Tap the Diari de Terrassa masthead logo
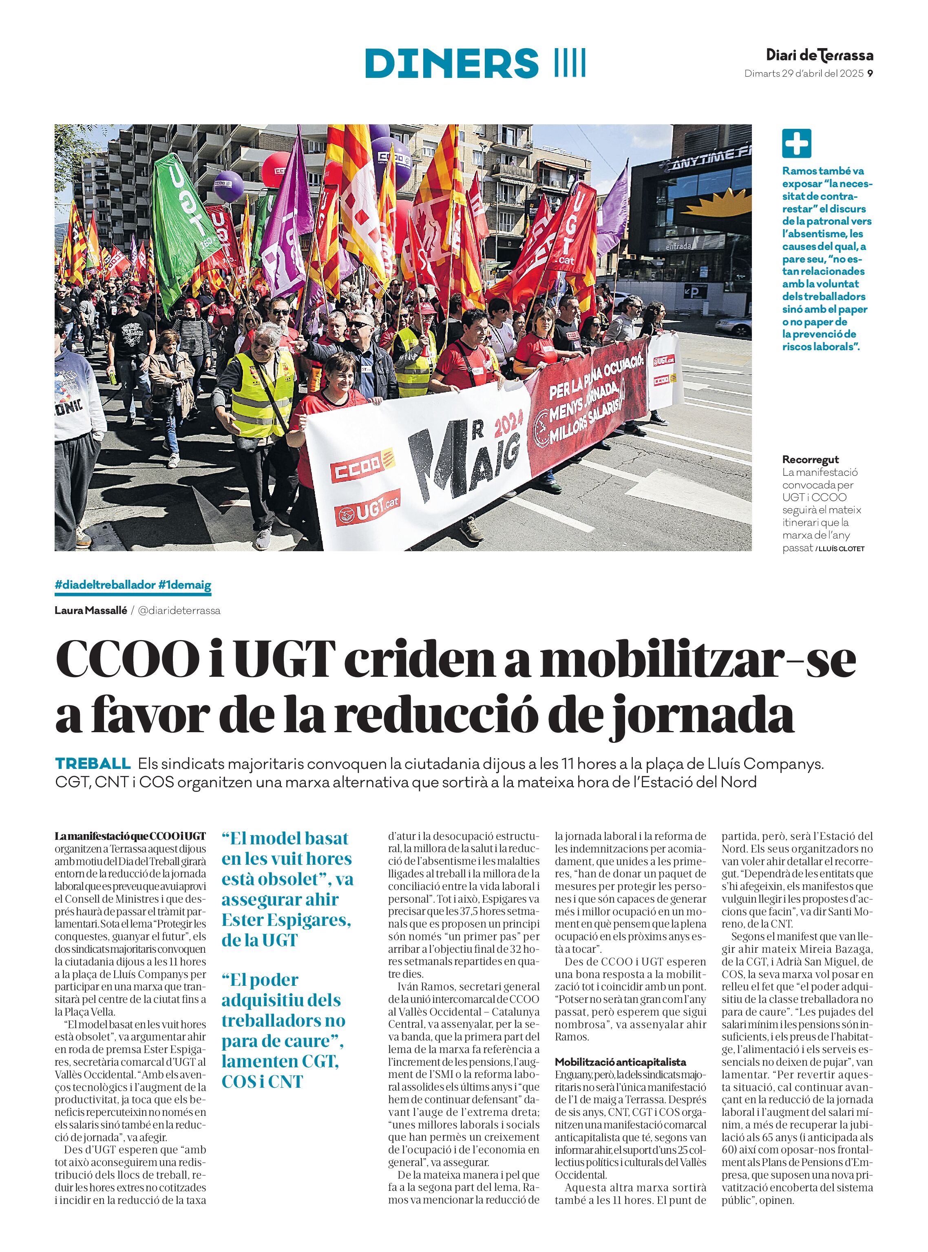[820, 55]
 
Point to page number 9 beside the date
[870, 73]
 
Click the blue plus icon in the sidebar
[796, 143]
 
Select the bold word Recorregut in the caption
[810, 459]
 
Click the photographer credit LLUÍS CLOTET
[842, 549]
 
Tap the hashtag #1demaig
[185, 585]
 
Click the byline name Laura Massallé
[91, 611]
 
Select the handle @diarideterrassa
[179, 611]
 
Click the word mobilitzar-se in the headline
[698, 662]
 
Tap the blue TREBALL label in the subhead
[93, 764]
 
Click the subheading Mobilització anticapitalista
[620, 1062]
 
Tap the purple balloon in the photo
[229, 186]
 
